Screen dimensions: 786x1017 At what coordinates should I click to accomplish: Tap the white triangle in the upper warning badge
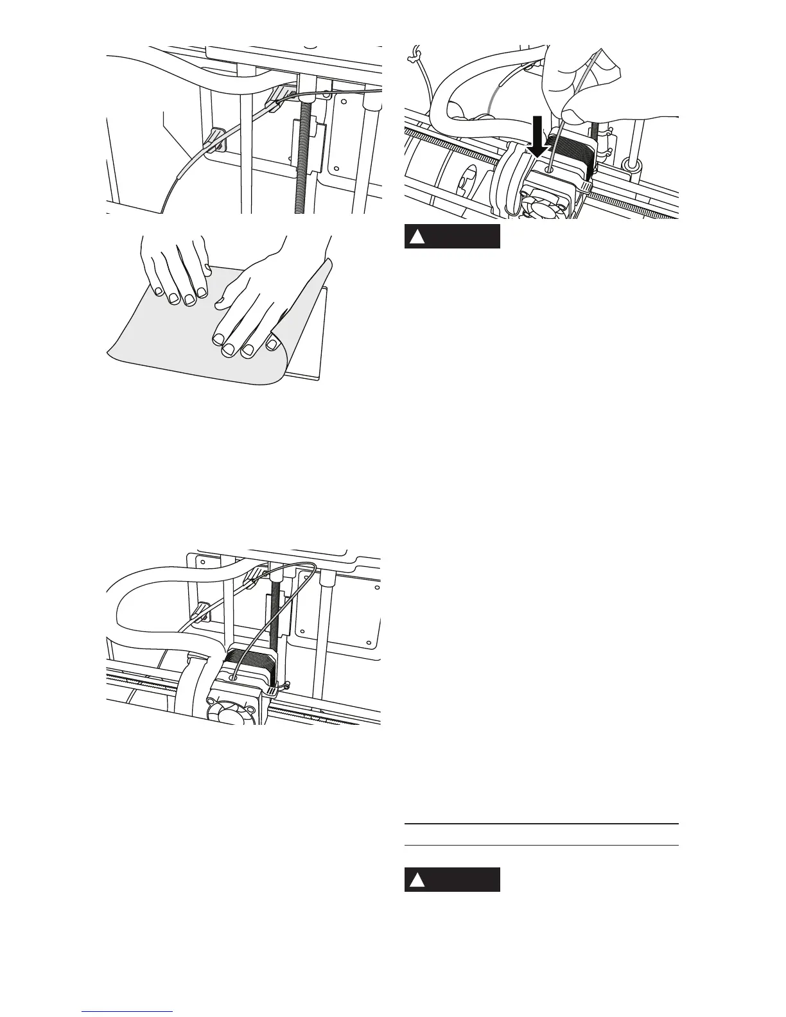pos(417,238)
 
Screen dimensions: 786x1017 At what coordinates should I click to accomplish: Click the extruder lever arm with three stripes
pos(273,691)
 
